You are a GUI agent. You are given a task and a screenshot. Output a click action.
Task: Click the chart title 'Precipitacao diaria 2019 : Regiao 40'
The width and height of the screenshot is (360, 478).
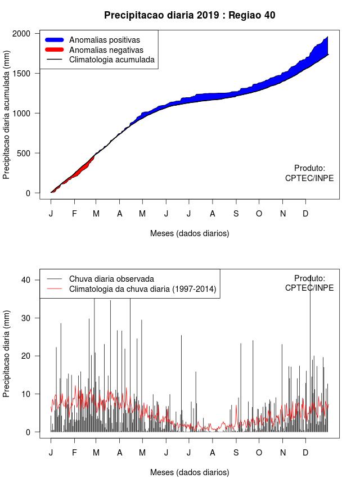(x=190, y=15)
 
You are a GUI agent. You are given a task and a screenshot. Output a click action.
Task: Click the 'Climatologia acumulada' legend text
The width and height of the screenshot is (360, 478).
(x=111, y=60)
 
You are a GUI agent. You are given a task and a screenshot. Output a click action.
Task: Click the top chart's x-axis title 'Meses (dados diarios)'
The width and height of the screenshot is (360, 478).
(x=190, y=233)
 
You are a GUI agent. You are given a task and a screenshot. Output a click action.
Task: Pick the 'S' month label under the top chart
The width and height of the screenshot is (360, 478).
(x=236, y=214)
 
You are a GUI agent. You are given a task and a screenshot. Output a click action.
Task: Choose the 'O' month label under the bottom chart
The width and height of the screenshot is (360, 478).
(x=259, y=452)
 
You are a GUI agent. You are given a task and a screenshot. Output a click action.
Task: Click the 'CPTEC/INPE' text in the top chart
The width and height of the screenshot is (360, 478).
(x=309, y=178)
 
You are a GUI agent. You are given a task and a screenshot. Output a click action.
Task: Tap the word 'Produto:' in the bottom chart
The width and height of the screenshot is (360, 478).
(x=309, y=278)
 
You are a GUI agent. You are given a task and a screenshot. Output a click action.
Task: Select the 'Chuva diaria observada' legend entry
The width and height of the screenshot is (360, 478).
(x=111, y=279)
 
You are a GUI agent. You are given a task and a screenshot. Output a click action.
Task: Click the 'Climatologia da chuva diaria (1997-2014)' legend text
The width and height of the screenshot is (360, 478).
(x=143, y=289)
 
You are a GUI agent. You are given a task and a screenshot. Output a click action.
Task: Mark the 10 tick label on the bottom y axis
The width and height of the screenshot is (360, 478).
(x=25, y=394)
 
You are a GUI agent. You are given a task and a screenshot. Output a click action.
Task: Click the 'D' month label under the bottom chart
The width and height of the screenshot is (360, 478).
(x=305, y=452)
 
